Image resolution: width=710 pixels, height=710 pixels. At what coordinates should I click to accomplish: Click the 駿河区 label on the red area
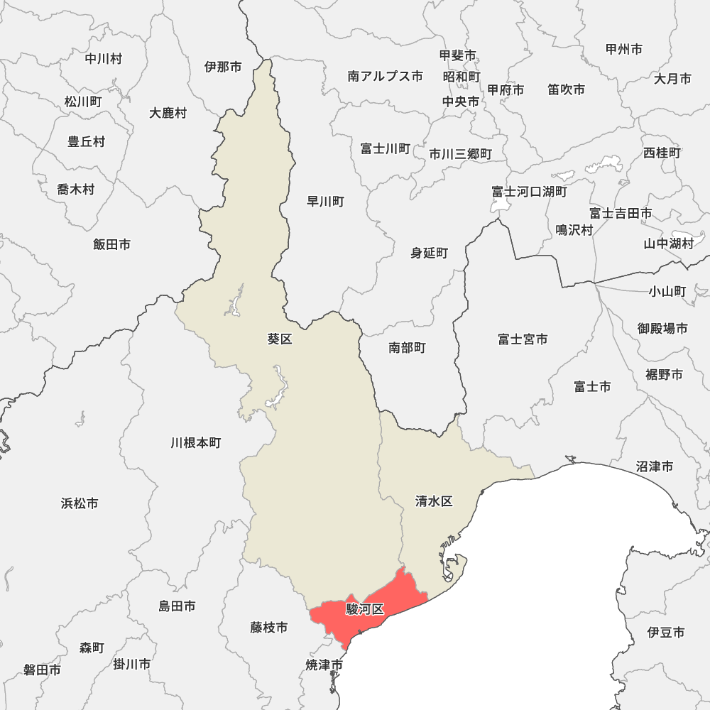click(x=365, y=609)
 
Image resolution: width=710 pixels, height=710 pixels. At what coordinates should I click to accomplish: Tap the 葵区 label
click(x=280, y=339)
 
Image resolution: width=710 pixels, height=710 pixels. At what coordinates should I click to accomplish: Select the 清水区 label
click(x=434, y=501)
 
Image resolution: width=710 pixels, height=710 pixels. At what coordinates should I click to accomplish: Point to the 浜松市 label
click(x=80, y=503)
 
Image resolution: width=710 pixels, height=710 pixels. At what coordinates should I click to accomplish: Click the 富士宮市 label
click(x=523, y=339)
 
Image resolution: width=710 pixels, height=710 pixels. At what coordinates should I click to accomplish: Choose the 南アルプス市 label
click(x=385, y=76)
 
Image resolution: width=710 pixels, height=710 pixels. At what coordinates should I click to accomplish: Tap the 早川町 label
click(x=325, y=202)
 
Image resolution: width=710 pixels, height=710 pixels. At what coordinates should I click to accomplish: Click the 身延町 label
click(x=430, y=253)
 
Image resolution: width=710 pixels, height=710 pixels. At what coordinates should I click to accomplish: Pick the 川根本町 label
click(x=196, y=443)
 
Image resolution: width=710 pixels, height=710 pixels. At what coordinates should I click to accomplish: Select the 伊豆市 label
click(x=666, y=632)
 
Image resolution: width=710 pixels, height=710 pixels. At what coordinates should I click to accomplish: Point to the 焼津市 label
click(x=324, y=665)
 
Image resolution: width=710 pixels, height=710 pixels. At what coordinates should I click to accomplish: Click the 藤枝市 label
click(x=269, y=628)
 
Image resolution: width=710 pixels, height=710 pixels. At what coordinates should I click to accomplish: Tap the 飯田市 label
click(x=111, y=244)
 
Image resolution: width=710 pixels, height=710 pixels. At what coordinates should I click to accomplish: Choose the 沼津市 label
click(x=655, y=466)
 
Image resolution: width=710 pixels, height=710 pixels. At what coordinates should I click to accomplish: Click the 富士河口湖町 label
click(x=530, y=192)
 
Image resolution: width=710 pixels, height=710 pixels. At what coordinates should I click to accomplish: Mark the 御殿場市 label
click(x=662, y=328)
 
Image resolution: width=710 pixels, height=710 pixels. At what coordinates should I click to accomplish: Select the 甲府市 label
click(x=506, y=90)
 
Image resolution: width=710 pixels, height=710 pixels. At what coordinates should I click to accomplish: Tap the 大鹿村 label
click(x=168, y=113)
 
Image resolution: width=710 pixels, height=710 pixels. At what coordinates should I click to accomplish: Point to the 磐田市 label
click(x=42, y=670)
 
